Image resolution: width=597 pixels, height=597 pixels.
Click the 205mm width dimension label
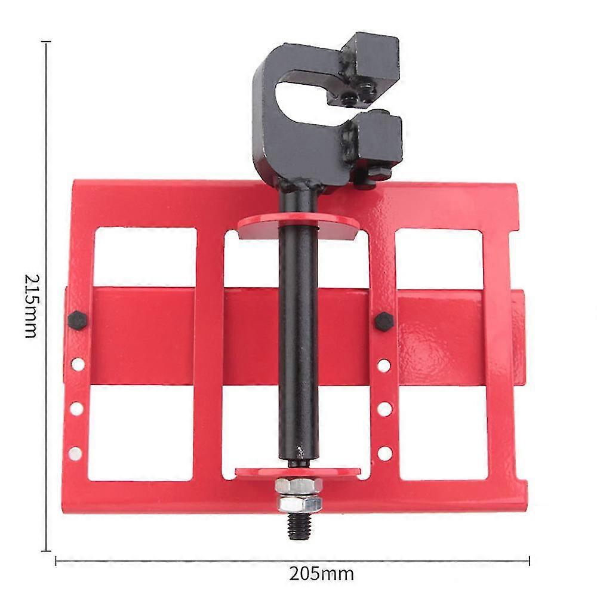321,574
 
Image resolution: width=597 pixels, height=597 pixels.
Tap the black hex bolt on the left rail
78,320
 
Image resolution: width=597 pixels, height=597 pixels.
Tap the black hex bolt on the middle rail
384,322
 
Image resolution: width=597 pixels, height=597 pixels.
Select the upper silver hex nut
299,486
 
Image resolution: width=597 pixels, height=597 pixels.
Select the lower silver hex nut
300,504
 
